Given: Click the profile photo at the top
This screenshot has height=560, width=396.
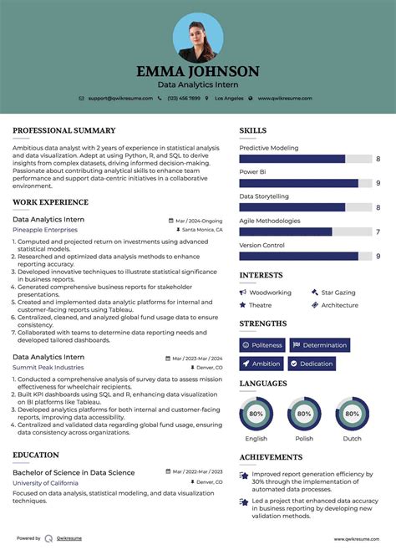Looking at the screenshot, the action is (198, 37).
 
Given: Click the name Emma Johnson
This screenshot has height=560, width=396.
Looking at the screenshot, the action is (198, 71).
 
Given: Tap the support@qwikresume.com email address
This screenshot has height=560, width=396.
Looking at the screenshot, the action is (121, 99).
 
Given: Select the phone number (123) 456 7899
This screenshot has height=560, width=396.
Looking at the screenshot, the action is (183, 99).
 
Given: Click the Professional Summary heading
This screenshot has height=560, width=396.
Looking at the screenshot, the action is (63, 130).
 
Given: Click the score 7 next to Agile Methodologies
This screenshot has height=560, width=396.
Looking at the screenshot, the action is (378, 232).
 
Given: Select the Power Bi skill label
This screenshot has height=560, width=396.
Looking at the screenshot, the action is (252, 172).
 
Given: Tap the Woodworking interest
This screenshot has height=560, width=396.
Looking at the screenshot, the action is (270, 293).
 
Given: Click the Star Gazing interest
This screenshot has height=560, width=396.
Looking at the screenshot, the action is (338, 293).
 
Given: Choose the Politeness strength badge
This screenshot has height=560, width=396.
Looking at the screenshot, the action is (262, 344).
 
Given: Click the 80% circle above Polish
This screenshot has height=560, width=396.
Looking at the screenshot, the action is (304, 414).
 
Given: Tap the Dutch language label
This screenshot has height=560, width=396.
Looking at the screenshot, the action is (352, 438).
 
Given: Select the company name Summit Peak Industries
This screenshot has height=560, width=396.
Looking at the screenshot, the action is (48, 367).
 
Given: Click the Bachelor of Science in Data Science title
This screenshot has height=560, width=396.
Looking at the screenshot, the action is (74, 472).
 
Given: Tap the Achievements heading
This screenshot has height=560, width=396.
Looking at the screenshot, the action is (271, 457).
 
